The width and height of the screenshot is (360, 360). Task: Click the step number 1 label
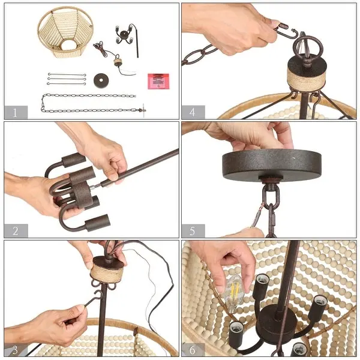tap(15, 113)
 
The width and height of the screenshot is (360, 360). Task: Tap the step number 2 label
tap(16, 231)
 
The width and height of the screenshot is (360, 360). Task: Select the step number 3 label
tap(15, 350)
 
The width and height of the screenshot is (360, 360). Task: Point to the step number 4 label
tap(193, 112)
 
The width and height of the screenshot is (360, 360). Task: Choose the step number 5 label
tap(193, 231)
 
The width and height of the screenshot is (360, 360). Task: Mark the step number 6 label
tap(193, 350)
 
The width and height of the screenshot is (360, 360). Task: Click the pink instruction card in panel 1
tap(158, 81)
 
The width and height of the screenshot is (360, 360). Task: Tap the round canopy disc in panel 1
tap(101, 80)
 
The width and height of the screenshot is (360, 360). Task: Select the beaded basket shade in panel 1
tap(65, 32)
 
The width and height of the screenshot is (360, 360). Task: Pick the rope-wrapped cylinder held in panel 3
tap(107, 271)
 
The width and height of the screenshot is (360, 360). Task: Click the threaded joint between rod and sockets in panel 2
tap(96, 186)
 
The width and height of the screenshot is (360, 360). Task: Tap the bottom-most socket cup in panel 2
tap(98, 222)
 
